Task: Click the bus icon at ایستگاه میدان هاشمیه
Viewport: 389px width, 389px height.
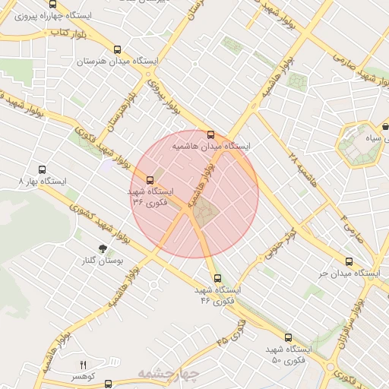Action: (x=211, y=135)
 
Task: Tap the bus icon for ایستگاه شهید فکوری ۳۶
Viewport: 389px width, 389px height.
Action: (x=150, y=181)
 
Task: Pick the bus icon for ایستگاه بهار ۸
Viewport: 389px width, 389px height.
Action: (x=41, y=171)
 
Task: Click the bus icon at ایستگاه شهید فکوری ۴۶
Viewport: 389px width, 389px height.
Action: (x=218, y=278)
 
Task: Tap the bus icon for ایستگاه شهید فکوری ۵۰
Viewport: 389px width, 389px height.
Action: (x=287, y=337)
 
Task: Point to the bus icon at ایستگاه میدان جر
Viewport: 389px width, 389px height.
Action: (x=349, y=261)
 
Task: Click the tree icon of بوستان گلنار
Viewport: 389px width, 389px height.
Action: (x=103, y=248)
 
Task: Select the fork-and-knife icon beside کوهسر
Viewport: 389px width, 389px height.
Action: (x=84, y=365)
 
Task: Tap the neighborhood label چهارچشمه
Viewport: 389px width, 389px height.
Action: (x=168, y=374)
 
